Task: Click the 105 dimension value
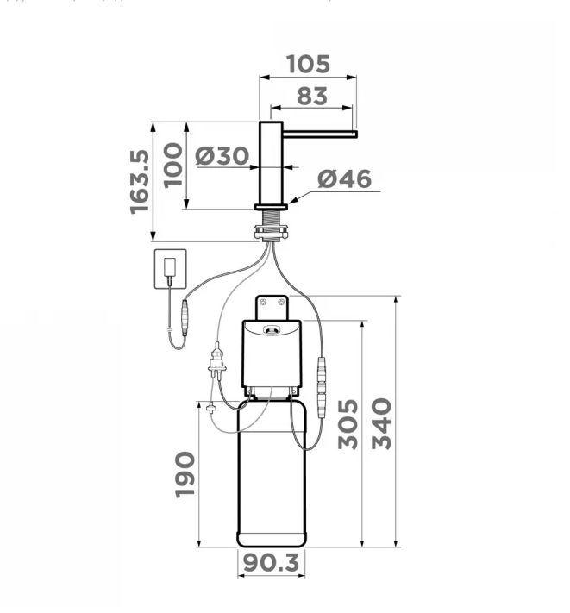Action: click(308, 64)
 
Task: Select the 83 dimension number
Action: click(312, 97)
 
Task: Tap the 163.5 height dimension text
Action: click(140, 182)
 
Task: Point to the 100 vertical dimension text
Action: click(172, 166)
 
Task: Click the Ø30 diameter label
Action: click(222, 155)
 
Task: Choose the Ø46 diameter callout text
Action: click(344, 179)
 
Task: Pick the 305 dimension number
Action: click(348, 424)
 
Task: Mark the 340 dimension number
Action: click(381, 424)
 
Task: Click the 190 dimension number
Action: click(185, 474)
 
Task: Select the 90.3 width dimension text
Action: click(272, 563)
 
